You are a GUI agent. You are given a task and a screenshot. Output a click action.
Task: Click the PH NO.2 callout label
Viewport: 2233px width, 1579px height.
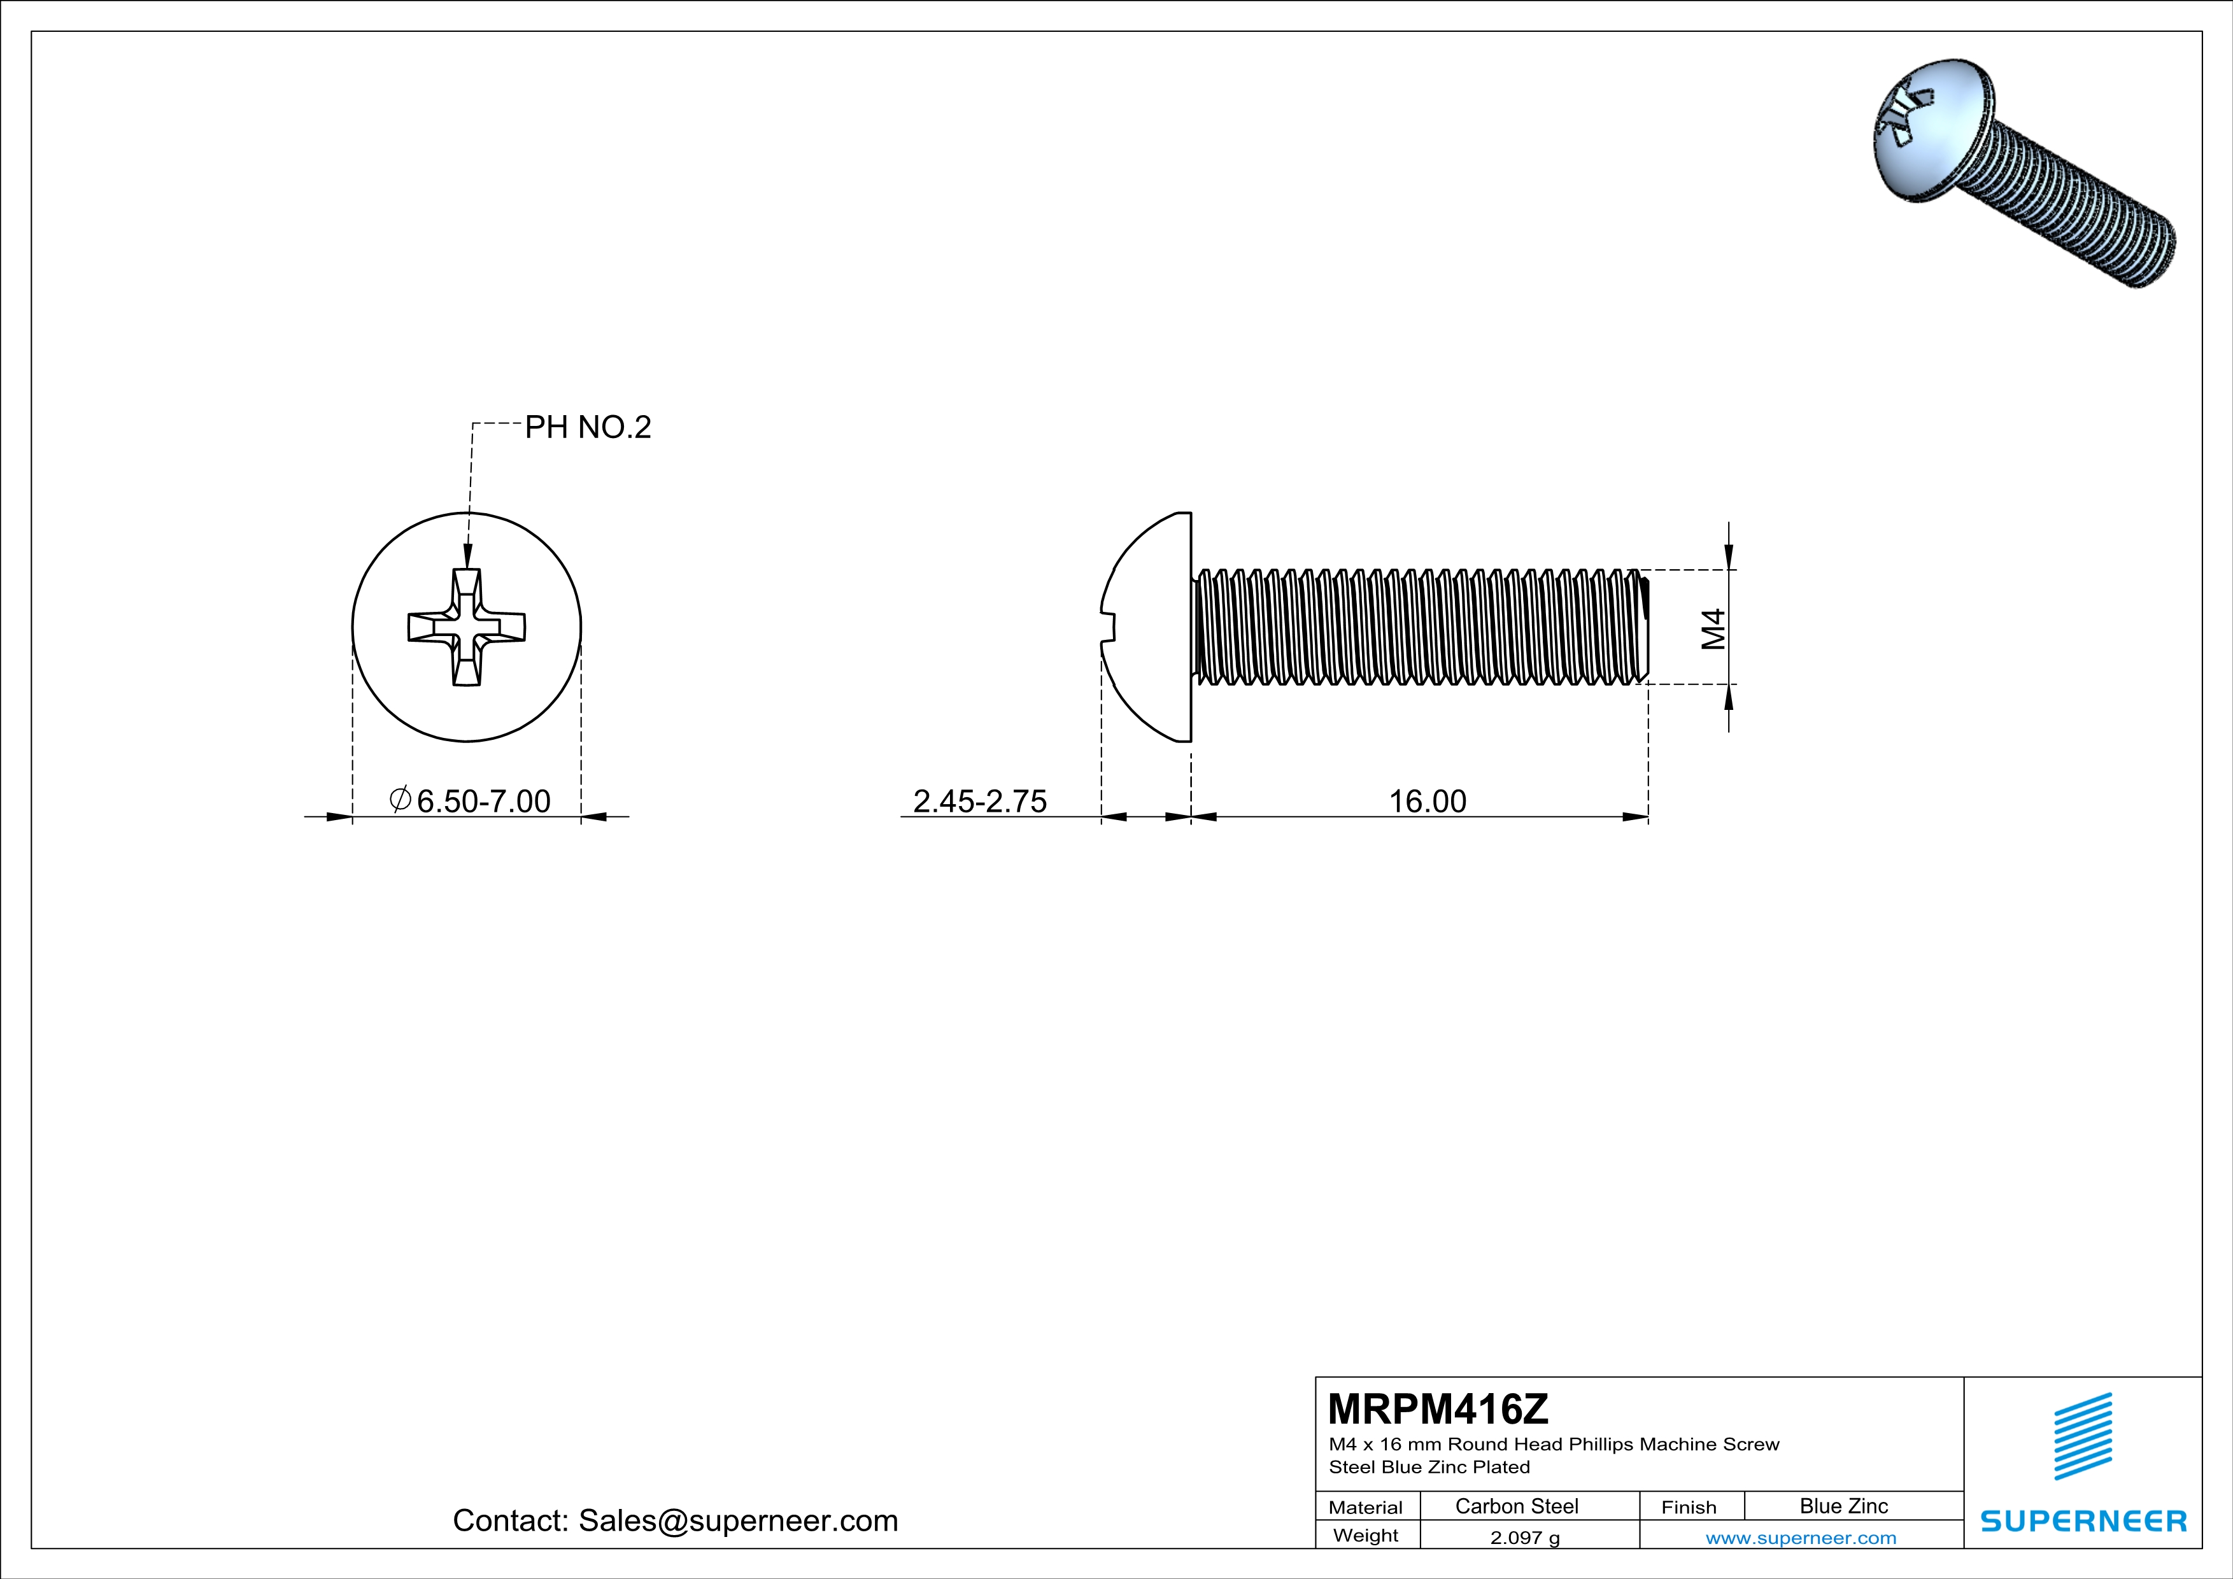tap(588, 427)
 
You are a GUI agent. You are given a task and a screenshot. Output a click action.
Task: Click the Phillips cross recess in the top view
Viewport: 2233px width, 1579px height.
tap(467, 627)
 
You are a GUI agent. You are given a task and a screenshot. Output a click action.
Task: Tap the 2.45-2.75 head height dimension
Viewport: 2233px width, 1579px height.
tap(979, 801)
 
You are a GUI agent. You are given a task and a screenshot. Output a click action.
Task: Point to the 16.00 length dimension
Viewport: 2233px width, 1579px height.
tap(1427, 801)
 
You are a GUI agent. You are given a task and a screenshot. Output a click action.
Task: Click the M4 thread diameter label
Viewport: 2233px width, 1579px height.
tap(1713, 628)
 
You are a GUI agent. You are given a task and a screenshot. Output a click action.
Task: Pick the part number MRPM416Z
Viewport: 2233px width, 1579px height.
tap(1438, 1409)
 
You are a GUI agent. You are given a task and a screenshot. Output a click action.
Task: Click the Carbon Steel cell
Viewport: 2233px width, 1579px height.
tap(1516, 1506)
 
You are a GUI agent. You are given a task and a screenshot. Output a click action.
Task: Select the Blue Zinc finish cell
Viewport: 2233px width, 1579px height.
tap(1843, 1506)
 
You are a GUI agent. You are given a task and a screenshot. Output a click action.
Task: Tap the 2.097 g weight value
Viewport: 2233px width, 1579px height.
tap(1524, 1537)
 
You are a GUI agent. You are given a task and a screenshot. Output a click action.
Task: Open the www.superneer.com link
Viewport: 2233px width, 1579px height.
tap(1800, 1537)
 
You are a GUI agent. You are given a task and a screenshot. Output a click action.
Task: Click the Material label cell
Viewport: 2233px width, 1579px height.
tap(1366, 1507)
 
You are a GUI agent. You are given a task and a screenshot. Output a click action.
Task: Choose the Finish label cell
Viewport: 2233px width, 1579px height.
tap(1689, 1507)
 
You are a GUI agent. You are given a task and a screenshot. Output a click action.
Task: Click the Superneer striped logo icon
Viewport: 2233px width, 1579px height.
tap(2082, 1436)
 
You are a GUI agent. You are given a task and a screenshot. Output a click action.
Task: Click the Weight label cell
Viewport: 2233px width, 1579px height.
tap(1366, 1535)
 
